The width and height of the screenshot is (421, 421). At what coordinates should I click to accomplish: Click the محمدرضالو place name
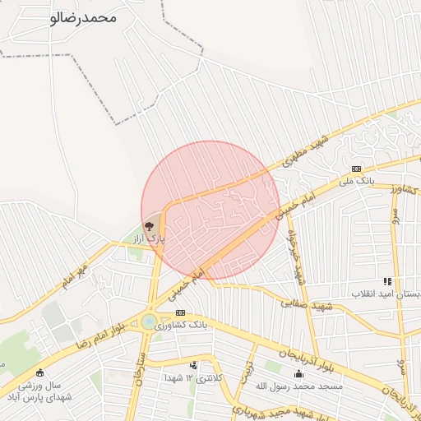83,17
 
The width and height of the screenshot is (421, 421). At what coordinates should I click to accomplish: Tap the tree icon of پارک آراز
149,225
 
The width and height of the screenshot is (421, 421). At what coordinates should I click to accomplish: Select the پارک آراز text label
150,238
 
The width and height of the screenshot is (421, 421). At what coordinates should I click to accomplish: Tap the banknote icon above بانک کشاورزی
180,312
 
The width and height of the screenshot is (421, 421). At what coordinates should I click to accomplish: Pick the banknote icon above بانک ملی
356,168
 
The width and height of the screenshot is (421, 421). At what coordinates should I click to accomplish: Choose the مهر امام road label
73,277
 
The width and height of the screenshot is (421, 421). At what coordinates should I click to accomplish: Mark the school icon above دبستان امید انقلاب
387,281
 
